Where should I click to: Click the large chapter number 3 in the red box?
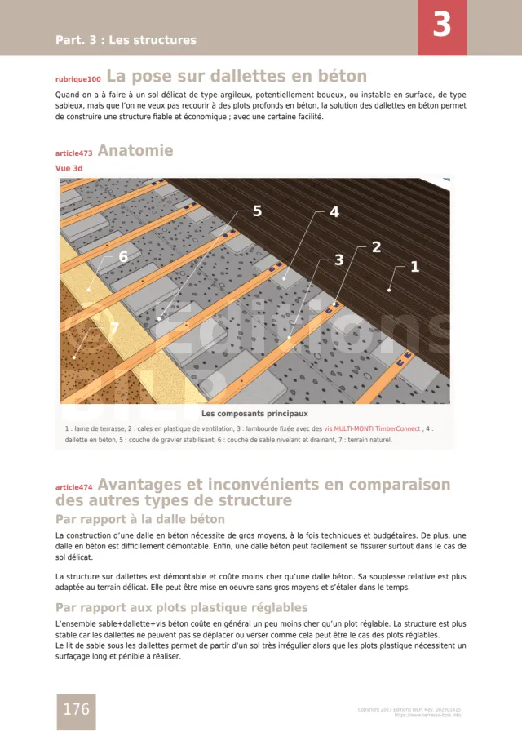[441, 25]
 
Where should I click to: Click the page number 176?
[76, 709]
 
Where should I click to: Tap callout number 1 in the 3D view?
[414, 266]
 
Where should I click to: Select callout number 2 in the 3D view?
[376, 246]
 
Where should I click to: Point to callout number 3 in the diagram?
[338, 260]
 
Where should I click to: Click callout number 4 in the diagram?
[334, 212]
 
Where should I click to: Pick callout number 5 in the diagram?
[257, 211]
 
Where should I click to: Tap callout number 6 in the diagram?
[123, 257]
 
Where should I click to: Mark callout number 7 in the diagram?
[114, 328]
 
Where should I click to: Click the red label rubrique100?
[78, 80]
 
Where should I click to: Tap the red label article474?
[73, 487]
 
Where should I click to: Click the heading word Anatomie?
[135, 151]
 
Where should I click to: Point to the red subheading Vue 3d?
[69, 168]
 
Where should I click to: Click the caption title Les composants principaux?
[254, 413]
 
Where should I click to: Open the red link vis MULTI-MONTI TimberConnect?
[372, 428]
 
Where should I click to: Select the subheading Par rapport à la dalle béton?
[139, 519]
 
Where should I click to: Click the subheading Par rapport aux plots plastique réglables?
[181, 607]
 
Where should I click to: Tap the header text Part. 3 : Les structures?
[126, 40]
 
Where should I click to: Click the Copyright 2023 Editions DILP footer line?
[409, 709]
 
